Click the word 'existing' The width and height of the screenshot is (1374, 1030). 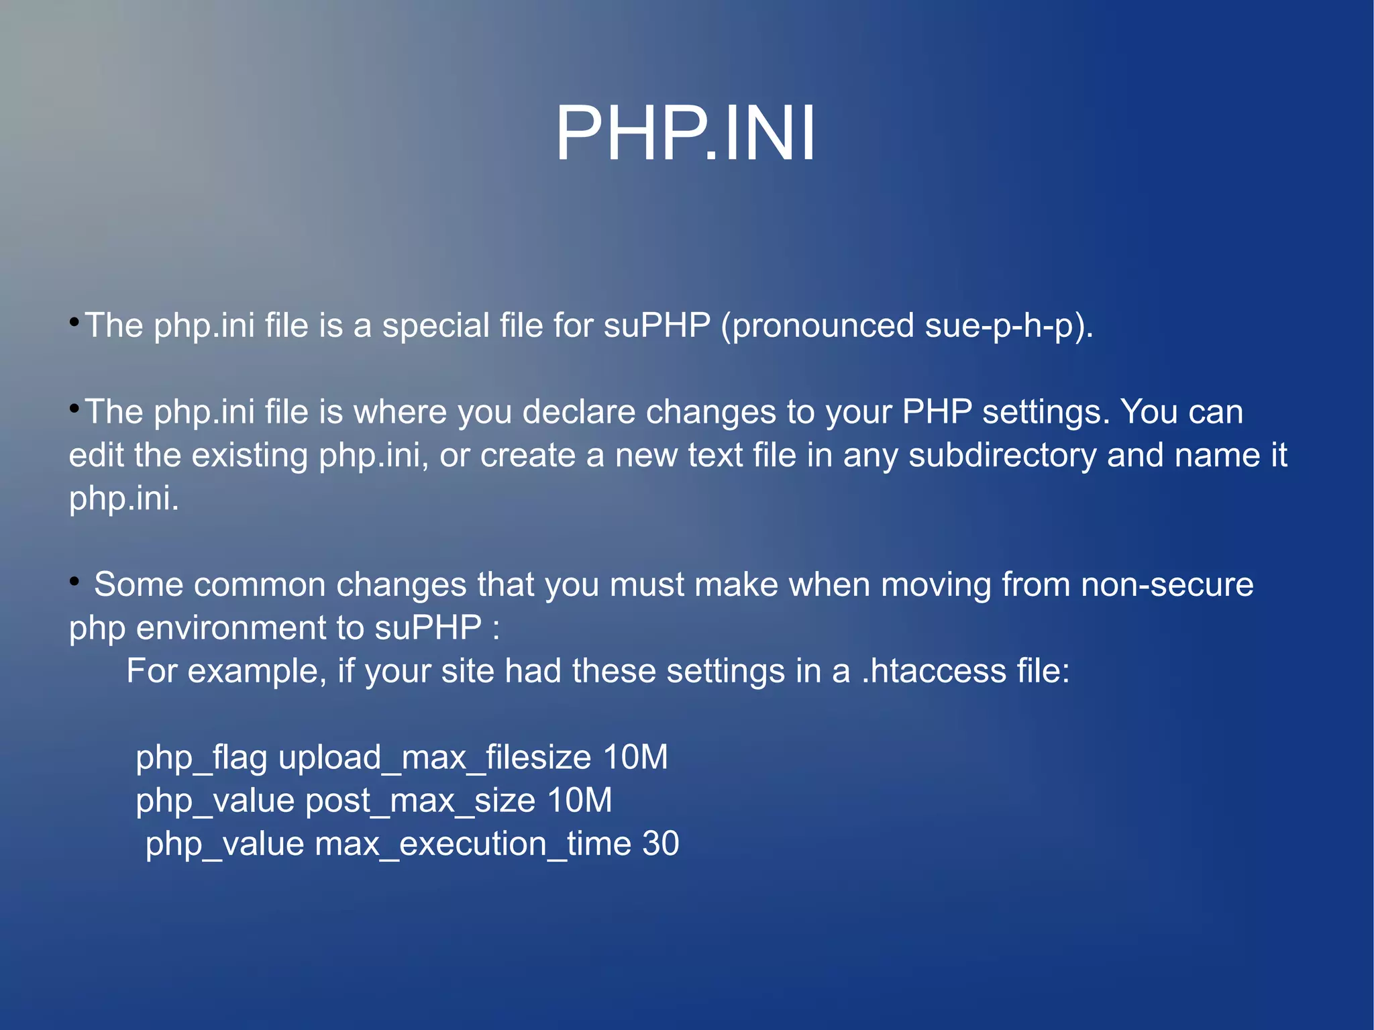250,456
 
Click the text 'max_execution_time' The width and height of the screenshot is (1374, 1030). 473,844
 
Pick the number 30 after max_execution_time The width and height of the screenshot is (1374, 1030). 661,844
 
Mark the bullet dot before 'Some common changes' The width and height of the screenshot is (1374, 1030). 74,581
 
